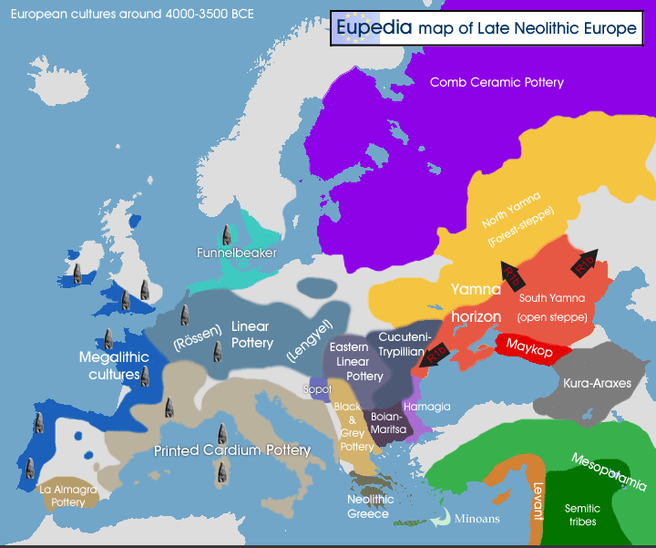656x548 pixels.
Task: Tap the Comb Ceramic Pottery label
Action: pos(497,82)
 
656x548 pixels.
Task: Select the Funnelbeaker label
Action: pos(237,253)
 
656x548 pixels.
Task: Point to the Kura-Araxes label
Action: pos(597,383)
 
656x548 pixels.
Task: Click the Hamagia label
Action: pos(428,407)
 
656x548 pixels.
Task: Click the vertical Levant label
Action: pos(538,499)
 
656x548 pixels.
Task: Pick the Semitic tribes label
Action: pos(582,514)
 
